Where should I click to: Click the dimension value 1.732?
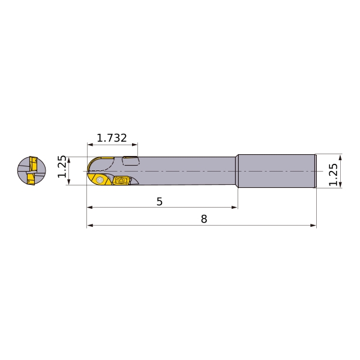pos(112,138)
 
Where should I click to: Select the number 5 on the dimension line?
pos(160,202)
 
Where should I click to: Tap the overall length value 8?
pos(204,219)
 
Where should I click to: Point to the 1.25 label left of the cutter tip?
pos(62,166)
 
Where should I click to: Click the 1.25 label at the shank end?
pos(333,175)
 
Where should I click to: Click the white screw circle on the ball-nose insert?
pos(100,180)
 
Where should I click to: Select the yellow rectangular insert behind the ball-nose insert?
pos(121,180)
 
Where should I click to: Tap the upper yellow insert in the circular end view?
pos(33,163)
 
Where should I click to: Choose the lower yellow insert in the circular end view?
pos(31,179)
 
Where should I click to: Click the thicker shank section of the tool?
pos(277,171)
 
